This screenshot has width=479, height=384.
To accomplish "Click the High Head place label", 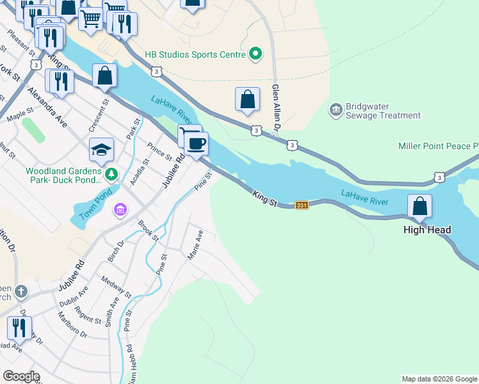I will click(427, 230).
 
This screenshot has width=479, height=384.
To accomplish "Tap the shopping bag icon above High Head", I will click(420, 206).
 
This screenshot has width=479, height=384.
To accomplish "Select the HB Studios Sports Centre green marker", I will click(256, 54).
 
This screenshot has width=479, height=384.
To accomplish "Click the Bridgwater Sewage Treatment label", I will click(383, 111).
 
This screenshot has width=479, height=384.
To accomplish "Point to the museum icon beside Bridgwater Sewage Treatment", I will click(336, 111).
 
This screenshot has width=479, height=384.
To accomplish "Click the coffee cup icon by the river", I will click(196, 143).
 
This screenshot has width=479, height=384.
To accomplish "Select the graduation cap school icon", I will click(101, 150).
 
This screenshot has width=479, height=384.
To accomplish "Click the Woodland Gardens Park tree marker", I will click(111, 173).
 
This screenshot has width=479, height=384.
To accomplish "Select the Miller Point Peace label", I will click(438, 147).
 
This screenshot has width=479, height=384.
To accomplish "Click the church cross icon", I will click(21, 292).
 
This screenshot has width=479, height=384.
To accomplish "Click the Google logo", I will click(20, 376).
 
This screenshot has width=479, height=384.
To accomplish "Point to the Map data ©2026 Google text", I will click(439, 379).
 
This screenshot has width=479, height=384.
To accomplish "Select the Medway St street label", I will click(116, 286).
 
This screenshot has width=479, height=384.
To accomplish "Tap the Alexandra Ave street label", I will click(47, 106).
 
